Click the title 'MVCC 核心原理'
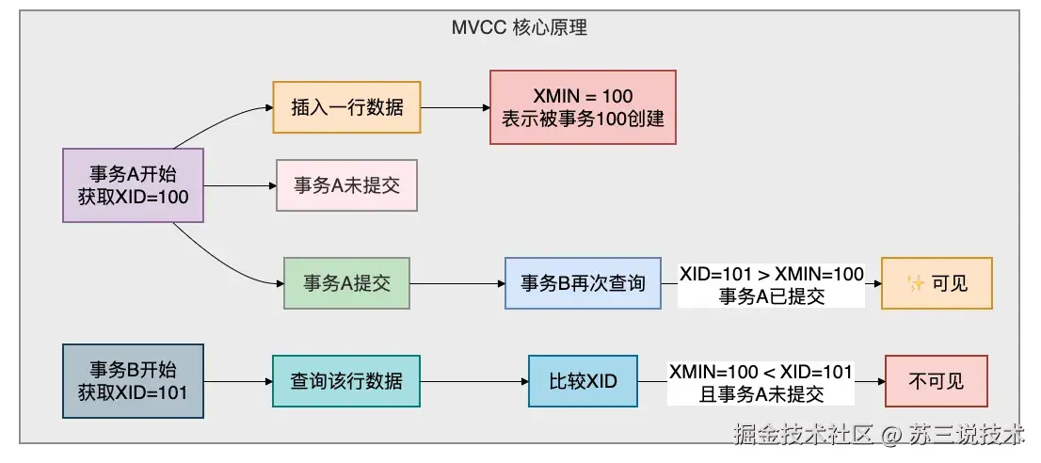click(x=520, y=28)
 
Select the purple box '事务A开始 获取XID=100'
click(x=133, y=185)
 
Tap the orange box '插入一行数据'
click(x=346, y=106)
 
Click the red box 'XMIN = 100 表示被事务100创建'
click(x=583, y=106)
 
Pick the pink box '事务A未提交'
click(x=346, y=185)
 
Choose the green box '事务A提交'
click(x=346, y=283)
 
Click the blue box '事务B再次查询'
click(x=583, y=283)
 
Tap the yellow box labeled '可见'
click(x=937, y=283)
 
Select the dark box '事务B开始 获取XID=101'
click(x=133, y=381)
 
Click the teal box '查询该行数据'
click(x=346, y=381)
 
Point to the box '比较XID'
click(x=583, y=381)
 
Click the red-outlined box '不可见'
click(x=937, y=381)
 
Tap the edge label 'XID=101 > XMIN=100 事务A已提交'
click(x=772, y=285)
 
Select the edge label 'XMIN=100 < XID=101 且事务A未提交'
click(x=761, y=383)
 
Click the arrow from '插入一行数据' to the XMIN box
click(x=456, y=106)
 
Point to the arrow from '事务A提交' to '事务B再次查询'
click(x=457, y=283)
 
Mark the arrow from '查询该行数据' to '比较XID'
click(x=474, y=381)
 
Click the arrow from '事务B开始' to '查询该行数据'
click(x=238, y=381)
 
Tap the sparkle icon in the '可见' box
click(x=916, y=284)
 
